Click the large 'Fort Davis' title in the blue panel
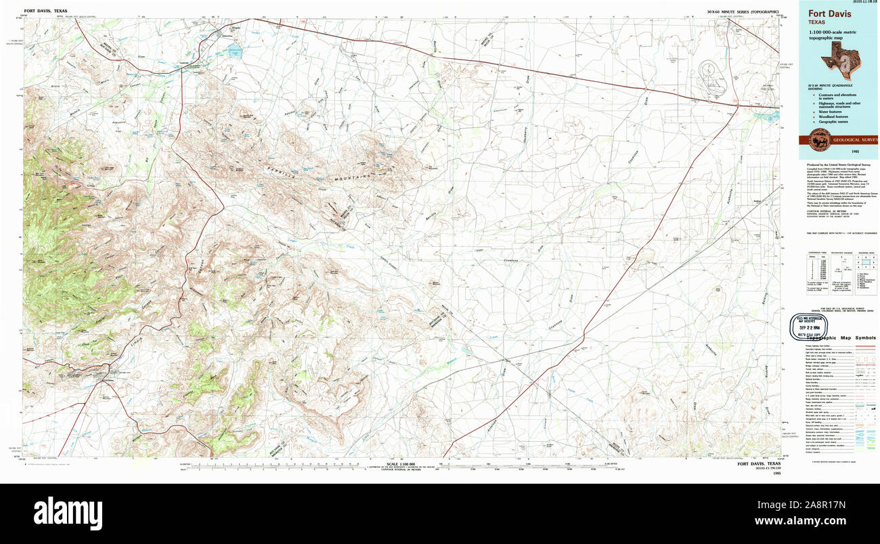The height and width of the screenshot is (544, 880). (830, 12)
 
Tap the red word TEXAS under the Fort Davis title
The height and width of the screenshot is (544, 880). (818, 22)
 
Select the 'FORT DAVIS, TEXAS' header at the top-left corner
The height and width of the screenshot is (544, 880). (46, 12)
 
